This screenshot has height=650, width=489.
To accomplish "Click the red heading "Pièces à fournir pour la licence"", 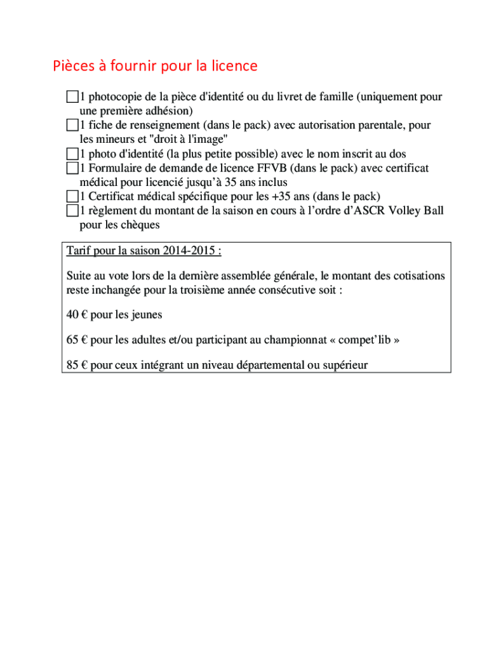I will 155,66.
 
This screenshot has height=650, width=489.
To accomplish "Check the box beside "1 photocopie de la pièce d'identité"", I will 72,97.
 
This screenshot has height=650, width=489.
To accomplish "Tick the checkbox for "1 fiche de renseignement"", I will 72,125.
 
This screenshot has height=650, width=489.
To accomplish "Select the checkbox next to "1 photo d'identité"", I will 72,154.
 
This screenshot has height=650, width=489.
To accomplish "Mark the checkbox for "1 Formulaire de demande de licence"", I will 72,168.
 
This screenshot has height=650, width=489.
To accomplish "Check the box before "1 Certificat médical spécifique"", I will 72,196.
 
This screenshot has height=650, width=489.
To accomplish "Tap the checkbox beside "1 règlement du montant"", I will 72,211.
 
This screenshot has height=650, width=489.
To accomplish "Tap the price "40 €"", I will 76,315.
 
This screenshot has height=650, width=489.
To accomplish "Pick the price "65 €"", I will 76,340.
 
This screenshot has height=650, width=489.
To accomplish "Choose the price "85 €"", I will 76,365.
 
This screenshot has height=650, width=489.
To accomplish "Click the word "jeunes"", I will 147,315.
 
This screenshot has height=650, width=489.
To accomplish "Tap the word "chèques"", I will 140,225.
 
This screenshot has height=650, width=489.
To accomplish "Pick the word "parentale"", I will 380,125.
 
